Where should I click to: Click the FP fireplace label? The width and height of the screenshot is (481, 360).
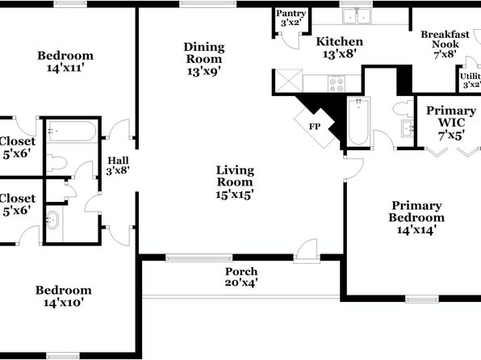tap(315, 127)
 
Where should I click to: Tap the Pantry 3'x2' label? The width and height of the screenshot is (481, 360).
tap(291, 18)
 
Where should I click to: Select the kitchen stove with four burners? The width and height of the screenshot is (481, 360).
tap(337, 83)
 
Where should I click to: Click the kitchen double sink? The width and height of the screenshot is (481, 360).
tap(357, 16)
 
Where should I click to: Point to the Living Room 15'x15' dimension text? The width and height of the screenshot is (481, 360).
tap(235, 195)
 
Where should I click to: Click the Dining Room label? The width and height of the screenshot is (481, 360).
tap(204, 52)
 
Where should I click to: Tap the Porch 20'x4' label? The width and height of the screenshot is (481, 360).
tap(241, 277)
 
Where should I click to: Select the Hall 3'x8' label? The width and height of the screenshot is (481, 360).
tap(118, 165)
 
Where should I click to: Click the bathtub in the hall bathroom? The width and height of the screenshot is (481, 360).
tap(72, 132)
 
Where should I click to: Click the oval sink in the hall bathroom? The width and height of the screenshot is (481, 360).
tap(52, 220)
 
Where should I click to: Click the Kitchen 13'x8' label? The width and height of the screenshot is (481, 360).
tap(340, 48)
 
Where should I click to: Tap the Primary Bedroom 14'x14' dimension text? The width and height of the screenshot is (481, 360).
tap(416, 230)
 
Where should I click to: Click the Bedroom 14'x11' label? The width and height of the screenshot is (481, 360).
tap(65, 61)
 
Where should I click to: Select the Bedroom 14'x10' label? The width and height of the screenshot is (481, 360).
tap(64, 296)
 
